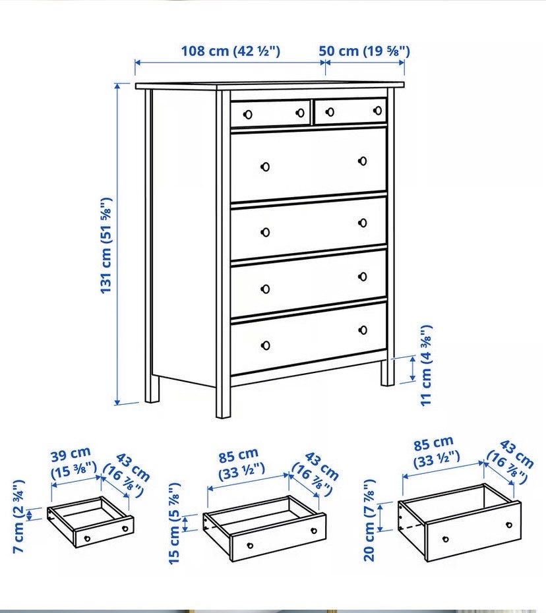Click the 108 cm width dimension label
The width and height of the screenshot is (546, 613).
click(230, 51)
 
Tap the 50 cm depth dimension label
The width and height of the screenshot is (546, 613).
click(364, 51)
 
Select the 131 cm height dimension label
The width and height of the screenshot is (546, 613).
click(106, 245)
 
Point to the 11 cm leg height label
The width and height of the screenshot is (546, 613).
click(426, 366)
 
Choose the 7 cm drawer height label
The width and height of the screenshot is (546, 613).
click(19, 516)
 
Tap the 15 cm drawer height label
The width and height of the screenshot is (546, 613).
click(175, 523)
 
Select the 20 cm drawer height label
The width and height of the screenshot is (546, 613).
click(369, 520)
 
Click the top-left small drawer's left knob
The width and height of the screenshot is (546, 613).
click(247, 115)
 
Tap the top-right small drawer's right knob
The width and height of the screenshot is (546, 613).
click(378, 111)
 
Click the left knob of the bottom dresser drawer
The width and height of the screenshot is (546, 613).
click(266, 345)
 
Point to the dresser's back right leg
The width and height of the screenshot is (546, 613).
click(388, 372)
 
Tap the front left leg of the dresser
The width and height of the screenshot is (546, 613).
click(152, 389)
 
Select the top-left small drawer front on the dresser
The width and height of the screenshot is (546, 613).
click(270, 113)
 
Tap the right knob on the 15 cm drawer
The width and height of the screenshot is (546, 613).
click(314, 531)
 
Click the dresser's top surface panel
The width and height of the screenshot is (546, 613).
click(270, 86)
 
